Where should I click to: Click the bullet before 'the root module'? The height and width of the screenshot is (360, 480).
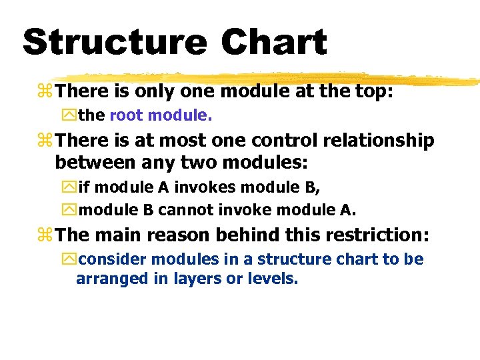[x=70, y=116]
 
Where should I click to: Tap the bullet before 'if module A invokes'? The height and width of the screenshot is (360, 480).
[x=70, y=187]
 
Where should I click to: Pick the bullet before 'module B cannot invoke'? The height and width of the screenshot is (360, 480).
[x=70, y=211]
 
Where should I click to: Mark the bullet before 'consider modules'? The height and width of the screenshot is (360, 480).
[x=70, y=259]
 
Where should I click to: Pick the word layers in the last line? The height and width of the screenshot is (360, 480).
[x=197, y=279]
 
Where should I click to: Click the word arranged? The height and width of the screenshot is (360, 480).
[x=114, y=279]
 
